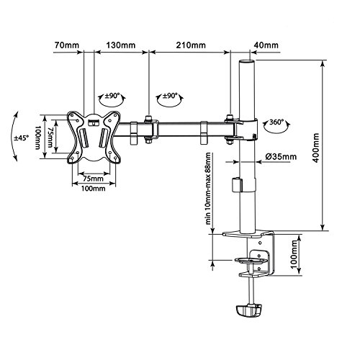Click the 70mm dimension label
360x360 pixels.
67,45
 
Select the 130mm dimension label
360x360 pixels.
121,45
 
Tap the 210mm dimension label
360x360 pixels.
191,45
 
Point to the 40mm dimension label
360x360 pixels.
266,45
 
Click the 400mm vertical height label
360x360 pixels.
316,148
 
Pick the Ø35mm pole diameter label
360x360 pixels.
281,157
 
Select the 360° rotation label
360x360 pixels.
275,122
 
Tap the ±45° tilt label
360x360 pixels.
21,138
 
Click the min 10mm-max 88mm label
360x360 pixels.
208,189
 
